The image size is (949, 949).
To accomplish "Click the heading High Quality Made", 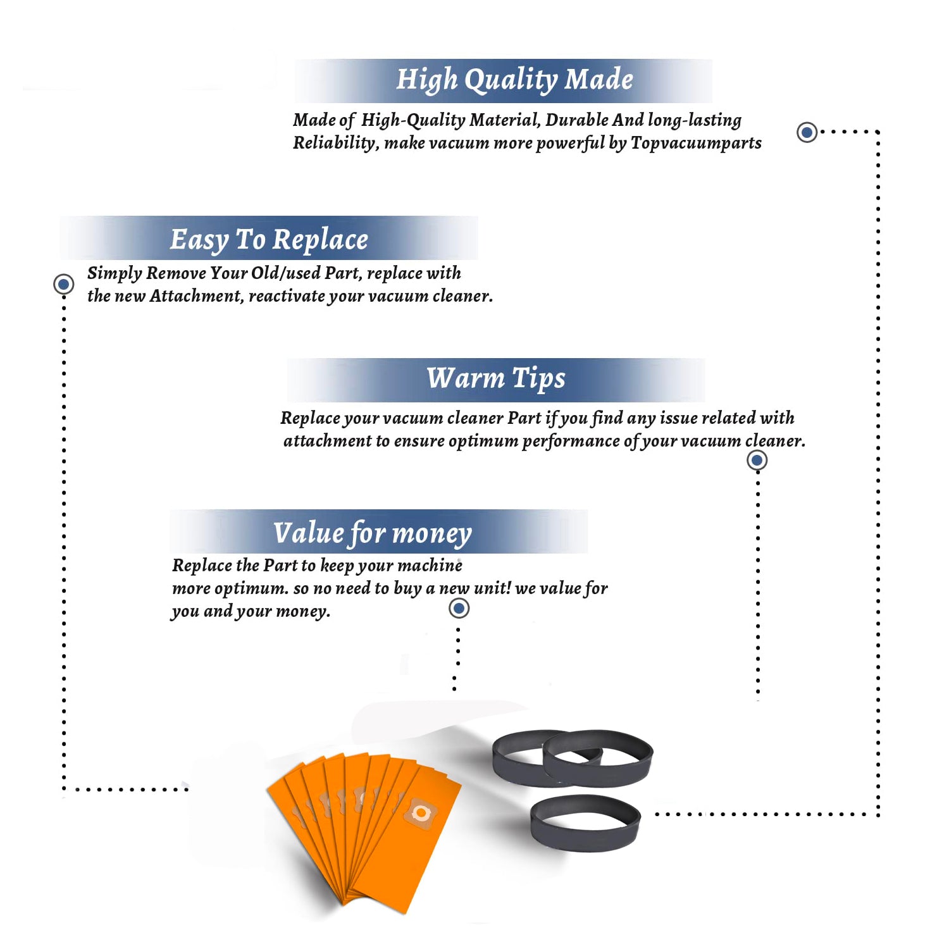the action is point(514,80).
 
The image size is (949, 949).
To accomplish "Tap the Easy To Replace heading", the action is point(269,240).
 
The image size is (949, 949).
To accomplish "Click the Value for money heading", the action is point(373,533).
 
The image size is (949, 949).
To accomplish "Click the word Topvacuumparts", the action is point(696,144).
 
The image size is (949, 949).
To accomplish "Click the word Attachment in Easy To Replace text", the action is point(197,296).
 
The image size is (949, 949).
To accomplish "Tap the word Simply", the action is point(115,274).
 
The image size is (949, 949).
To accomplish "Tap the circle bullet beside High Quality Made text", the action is point(807,132).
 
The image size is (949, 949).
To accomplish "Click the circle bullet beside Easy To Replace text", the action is point(63,284).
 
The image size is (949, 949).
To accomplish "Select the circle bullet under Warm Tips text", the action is point(757,460).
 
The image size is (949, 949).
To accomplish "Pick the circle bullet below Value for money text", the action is point(459,609).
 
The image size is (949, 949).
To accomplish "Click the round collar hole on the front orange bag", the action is point(419,812).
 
